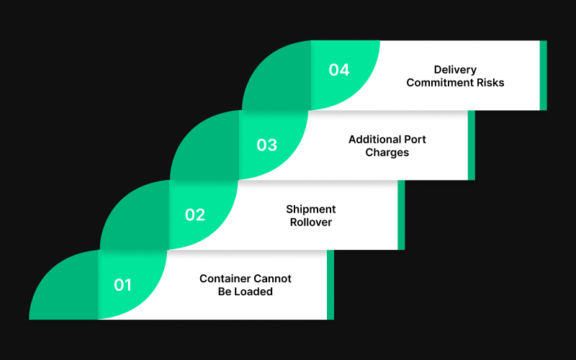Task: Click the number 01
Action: tap(123, 285)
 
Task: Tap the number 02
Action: tap(194, 215)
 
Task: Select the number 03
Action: tap(266, 145)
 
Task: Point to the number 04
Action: tap(339, 70)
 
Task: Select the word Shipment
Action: tap(311, 209)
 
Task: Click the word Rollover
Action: tap(311, 222)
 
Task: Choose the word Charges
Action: tap(387, 153)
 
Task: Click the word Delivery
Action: tap(455, 70)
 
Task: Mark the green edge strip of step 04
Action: tap(544, 76)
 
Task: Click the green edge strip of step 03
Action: tap(472, 145)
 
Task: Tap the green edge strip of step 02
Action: tap(401, 215)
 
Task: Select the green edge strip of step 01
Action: tap(330, 285)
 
